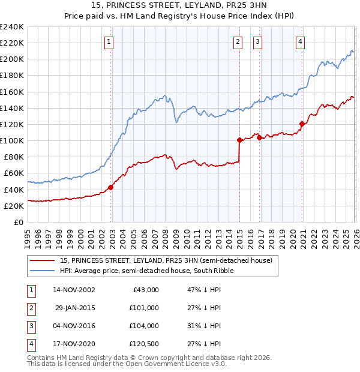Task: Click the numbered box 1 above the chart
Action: point(108,41)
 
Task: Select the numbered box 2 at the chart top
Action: point(238,41)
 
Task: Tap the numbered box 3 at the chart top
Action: point(257,41)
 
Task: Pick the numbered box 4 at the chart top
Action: point(300,41)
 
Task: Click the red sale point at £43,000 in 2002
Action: point(111,187)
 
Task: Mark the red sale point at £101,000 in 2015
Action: point(239,140)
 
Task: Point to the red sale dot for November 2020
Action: point(302,124)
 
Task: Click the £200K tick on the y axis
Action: point(12,59)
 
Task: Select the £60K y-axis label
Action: point(14,173)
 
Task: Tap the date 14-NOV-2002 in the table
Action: point(74,290)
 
